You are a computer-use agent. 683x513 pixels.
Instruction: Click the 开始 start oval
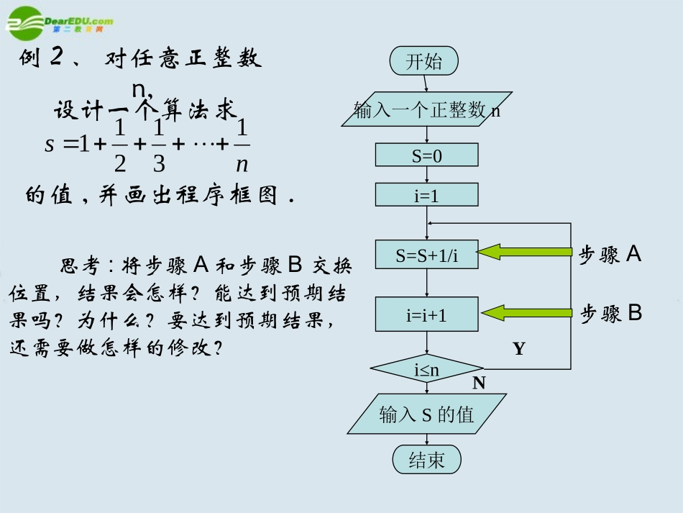(x=424, y=61)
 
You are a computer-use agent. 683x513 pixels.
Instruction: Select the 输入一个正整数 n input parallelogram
(x=426, y=109)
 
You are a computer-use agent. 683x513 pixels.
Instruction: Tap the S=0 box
(x=426, y=155)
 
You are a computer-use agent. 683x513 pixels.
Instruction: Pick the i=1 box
(x=426, y=195)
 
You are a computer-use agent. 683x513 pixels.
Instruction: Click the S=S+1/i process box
(x=426, y=255)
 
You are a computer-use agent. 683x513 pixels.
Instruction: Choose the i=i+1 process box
(x=426, y=314)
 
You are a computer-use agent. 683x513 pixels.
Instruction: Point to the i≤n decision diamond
(x=426, y=369)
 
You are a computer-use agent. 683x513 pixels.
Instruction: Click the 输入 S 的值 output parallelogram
(x=426, y=414)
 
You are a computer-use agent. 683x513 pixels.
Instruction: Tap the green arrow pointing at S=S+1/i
(x=525, y=252)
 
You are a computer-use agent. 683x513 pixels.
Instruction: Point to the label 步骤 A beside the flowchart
(x=610, y=254)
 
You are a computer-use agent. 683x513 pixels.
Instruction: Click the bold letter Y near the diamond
(x=519, y=350)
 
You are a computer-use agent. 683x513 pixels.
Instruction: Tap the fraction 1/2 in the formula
(x=119, y=147)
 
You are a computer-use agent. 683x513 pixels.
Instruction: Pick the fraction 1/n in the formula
(x=242, y=147)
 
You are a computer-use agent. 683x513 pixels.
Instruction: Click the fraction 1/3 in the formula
(x=159, y=147)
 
